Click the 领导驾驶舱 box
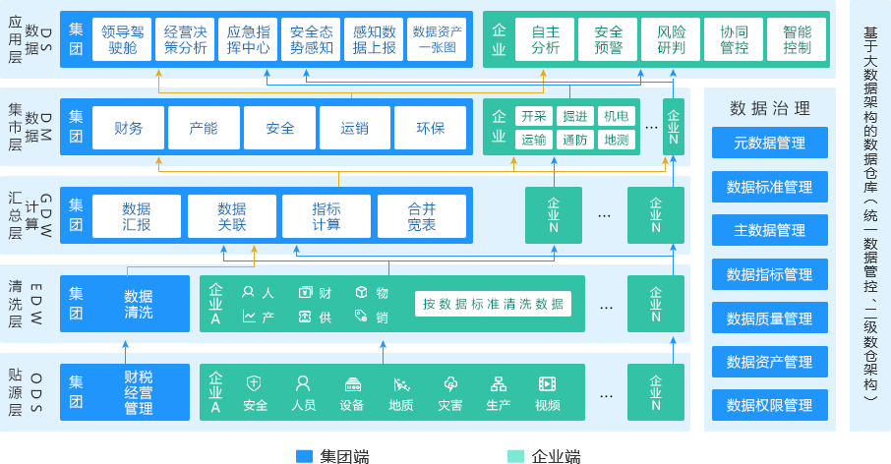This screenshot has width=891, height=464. pos(122,39)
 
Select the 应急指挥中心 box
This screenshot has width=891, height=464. pos(248,39)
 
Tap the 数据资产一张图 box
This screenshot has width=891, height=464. pos(437,39)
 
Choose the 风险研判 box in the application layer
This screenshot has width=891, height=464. pos(671,39)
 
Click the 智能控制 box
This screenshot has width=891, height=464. pos(797,39)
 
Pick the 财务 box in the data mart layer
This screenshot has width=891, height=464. pos(128,128)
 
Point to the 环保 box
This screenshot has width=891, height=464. pos(430,128)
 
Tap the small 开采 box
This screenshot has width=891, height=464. pos(534,116)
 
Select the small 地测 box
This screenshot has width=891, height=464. pos(617,140)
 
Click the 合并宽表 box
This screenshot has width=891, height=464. pos(421,216)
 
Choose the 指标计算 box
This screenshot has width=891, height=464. pos(327,216)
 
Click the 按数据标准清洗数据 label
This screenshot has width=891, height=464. pos(493,304)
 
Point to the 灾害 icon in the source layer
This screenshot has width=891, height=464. pos(450,392)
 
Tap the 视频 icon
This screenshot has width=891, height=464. pos(548,392)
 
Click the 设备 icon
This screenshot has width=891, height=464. pos(352,392)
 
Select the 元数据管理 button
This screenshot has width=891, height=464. pos(769,143)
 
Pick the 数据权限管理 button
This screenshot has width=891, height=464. pos(769,405)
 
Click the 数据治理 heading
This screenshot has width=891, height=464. pos(769,108)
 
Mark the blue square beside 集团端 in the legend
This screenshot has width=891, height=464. pos(304,456)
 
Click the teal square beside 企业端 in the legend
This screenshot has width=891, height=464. pos(515,456)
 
